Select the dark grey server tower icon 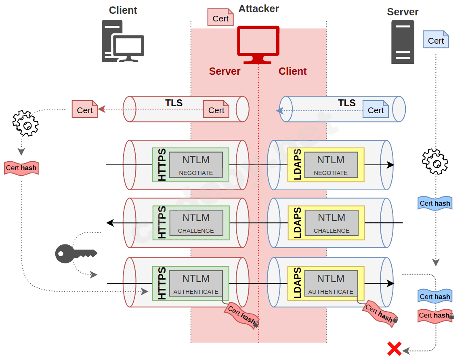[403, 42]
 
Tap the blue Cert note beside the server [436, 40]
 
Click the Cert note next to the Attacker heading [220, 18]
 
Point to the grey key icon [76, 254]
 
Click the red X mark [394, 349]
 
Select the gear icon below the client [25, 123]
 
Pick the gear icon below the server [435, 161]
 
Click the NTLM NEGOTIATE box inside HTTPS [196, 165]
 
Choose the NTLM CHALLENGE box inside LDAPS [332, 223]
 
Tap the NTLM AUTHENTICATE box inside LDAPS [331, 284]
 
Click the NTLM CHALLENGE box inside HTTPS [196, 223]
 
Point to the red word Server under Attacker [225, 72]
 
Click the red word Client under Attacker [292, 72]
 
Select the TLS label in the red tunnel [174, 103]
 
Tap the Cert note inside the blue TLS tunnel [376, 109]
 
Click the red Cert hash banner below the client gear [21, 168]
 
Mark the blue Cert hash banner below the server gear [434, 203]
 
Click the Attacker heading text [258, 8]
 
